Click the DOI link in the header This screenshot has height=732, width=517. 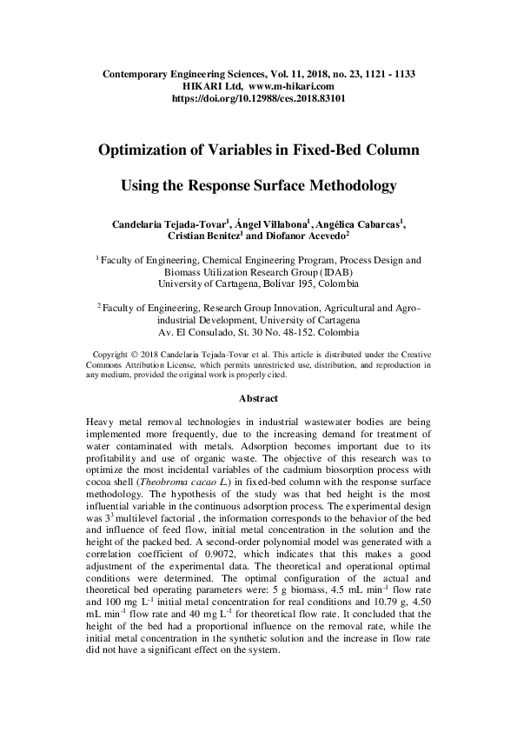tap(259, 99)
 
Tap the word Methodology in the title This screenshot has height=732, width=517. tap(347, 185)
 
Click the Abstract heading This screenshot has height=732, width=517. tap(259, 398)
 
